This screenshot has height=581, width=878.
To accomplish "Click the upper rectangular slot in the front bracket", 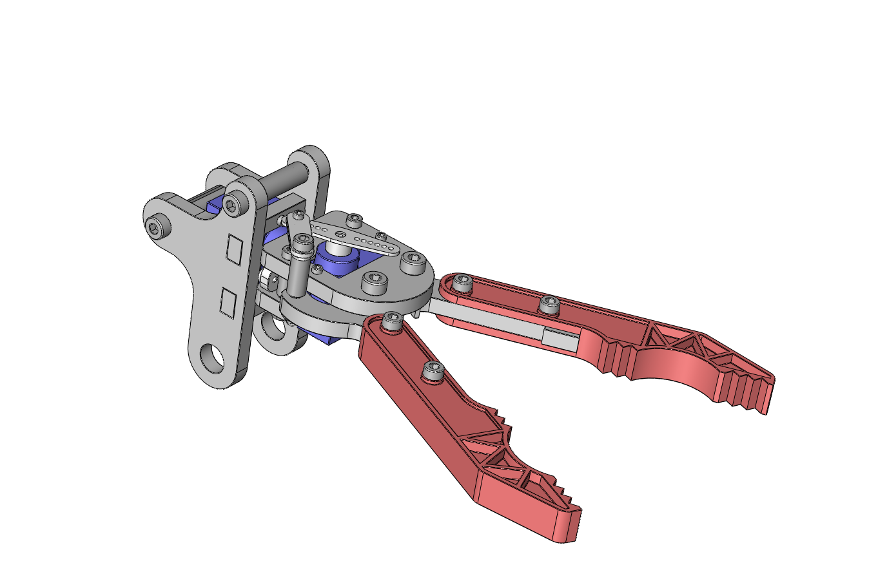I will point(233,249).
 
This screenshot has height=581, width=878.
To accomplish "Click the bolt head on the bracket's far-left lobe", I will point(155,227).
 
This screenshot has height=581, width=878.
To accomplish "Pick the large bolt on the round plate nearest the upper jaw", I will point(412,261).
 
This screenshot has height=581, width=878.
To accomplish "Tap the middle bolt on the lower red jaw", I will point(432,372).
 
